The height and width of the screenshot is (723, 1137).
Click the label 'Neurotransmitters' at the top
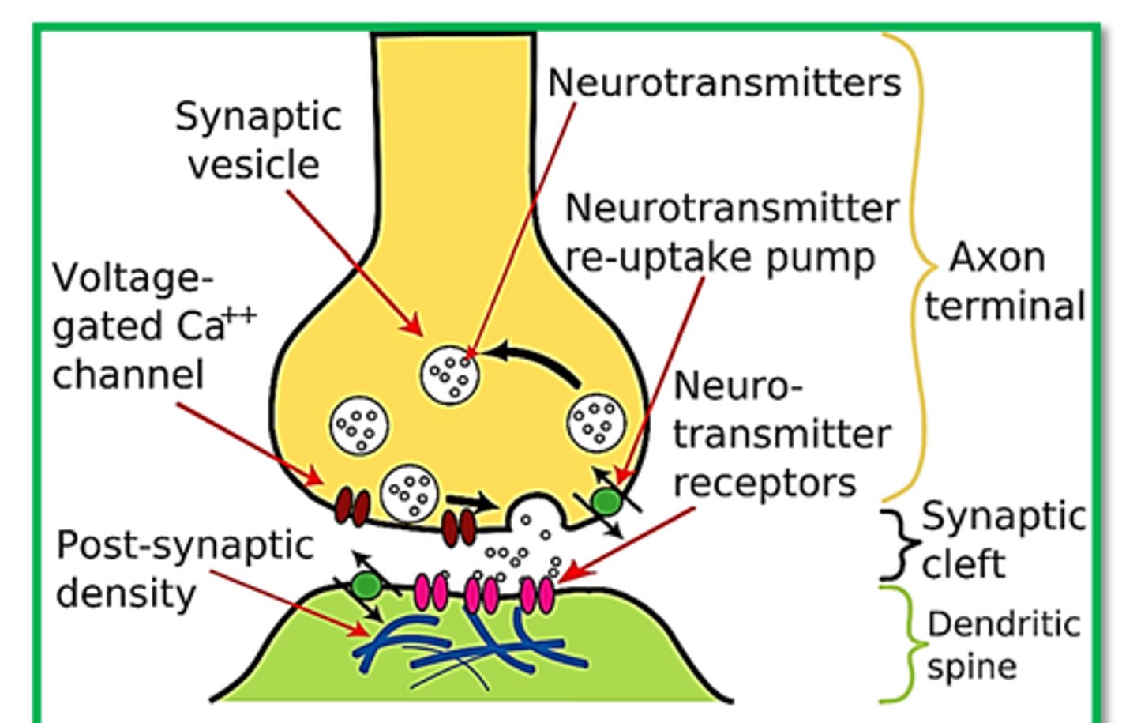[x=723, y=82]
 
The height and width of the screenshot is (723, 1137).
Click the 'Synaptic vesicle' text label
[x=257, y=141]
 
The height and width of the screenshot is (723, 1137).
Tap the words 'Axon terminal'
[x=1004, y=282]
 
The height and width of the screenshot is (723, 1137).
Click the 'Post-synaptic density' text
[x=183, y=569]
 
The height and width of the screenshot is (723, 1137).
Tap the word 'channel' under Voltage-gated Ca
[x=128, y=375]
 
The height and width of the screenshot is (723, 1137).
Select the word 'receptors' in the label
[x=764, y=483]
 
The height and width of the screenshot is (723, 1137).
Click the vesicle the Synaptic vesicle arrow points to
[x=449, y=375]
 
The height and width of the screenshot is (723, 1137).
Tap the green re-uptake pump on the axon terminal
[x=606, y=501]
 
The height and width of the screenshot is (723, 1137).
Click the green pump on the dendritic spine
[x=366, y=586]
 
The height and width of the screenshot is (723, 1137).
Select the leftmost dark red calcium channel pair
[x=352, y=506]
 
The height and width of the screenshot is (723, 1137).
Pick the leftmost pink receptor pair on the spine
[x=431, y=592]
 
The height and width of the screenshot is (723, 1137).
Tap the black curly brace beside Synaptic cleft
[x=898, y=544]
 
